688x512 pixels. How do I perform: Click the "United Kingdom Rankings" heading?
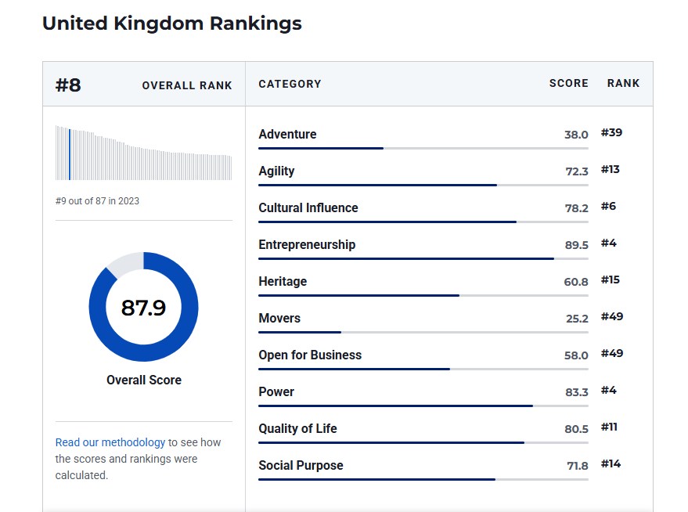point(171,23)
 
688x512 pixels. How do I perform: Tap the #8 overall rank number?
point(68,85)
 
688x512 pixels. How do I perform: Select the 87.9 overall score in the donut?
point(143,308)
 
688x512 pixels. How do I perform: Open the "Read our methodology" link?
point(110,442)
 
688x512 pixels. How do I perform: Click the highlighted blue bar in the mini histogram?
point(69,153)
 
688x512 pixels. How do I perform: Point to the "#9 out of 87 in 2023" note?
point(97,201)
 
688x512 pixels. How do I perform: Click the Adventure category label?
point(287,134)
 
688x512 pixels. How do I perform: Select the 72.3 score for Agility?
point(576,171)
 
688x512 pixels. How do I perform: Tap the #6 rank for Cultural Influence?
point(608,207)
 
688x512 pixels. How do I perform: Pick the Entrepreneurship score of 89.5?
point(576,245)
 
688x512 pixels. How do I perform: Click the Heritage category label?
point(283,281)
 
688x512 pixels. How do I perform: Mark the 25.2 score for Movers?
point(576,319)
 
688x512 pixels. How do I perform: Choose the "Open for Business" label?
point(310,355)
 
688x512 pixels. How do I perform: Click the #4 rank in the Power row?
point(608,391)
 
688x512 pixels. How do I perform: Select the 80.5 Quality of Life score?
point(576,429)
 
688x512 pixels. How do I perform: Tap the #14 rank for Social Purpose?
point(611,464)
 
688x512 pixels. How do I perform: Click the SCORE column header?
point(568,83)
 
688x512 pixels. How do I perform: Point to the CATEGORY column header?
point(290,84)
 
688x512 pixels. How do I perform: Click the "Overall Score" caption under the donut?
point(144,380)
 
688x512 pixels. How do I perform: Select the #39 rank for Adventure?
point(611,133)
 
